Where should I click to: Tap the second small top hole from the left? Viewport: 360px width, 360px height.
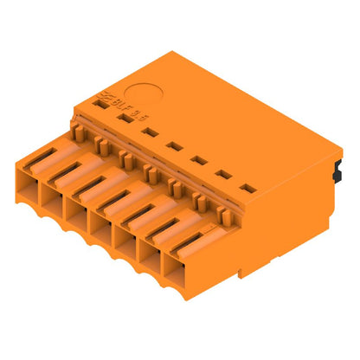126,118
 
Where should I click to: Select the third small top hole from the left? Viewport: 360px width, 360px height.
150,132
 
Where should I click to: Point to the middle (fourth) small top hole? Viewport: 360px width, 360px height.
174,145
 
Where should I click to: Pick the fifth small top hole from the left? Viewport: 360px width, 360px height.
198,159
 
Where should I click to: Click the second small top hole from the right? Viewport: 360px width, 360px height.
223,174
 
